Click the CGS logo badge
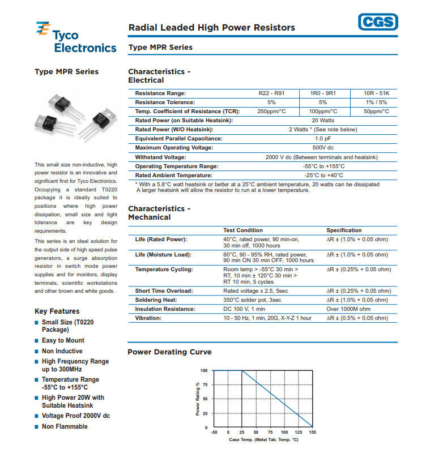tap(378, 23)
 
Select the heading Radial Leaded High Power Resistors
tap(212, 27)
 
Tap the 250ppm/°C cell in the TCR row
tap(271, 112)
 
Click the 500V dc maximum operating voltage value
tap(323, 148)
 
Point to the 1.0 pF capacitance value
tap(323, 139)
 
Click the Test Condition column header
tap(243, 230)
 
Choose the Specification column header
tap(344, 230)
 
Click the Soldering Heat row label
tap(156, 300)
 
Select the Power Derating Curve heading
tap(170, 352)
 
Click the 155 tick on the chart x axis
tap(312, 433)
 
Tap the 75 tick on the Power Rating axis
tap(205, 384)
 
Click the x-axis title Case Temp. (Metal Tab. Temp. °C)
tap(263, 440)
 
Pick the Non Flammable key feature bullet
tap(65, 426)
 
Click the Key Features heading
tap(57, 311)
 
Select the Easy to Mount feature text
tap(63, 340)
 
